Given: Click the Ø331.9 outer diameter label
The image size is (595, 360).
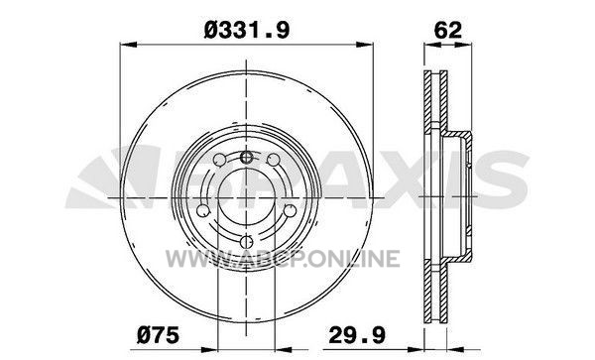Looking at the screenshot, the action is [x=247, y=30].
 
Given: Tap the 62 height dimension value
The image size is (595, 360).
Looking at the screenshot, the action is [x=448, y=30].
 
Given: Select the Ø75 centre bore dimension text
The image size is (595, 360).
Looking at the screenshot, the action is [x=158, y=335].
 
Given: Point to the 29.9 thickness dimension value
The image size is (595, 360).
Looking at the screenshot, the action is [x=357, y=335].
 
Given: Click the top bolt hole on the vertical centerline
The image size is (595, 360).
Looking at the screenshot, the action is [x=247, y=156].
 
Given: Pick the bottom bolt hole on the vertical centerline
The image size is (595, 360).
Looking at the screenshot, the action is [x=247, y=241].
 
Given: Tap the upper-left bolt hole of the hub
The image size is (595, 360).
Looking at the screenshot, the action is [x=220, y=160].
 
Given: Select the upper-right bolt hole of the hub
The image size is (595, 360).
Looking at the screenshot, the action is [x=274, y=160].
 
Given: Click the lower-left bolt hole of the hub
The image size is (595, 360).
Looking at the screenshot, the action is [x=203, y=210].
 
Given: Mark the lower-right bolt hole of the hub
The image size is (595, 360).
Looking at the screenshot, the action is [x=291, y=210].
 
